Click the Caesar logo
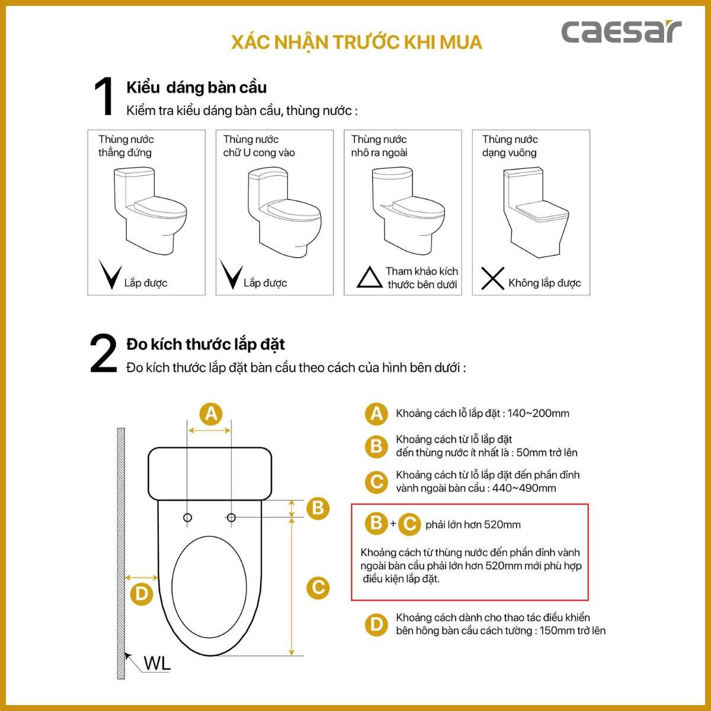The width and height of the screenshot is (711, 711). [x=621, y=32]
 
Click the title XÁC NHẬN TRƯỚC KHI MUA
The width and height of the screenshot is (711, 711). [x=357, y=43]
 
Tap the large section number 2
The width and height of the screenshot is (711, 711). [x=103, y=353]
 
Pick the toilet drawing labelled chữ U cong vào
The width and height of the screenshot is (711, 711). [x=284, y=212]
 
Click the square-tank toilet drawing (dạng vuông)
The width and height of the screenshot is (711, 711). [x=536, y=213]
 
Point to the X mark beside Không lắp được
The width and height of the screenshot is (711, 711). [x=492, y=278]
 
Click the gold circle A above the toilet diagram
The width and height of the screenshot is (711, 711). [x=211, y=414]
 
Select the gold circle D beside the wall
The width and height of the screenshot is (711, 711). [x=142, y=594]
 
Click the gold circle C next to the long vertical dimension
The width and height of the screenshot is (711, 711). [x=318, y=588]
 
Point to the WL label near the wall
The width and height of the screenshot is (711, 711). [x=157, y=663]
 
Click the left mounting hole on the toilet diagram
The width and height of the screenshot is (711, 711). [x=187, y=517]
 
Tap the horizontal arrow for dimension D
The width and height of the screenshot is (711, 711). [x=142, y=578]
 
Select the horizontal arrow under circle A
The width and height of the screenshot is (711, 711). [x=210, y=430]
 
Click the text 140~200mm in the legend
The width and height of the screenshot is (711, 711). [x=538, y=413]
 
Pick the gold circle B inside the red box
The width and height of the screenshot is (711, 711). [x=376, y=523]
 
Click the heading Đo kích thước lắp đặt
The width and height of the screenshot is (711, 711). [x=206, y=345]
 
